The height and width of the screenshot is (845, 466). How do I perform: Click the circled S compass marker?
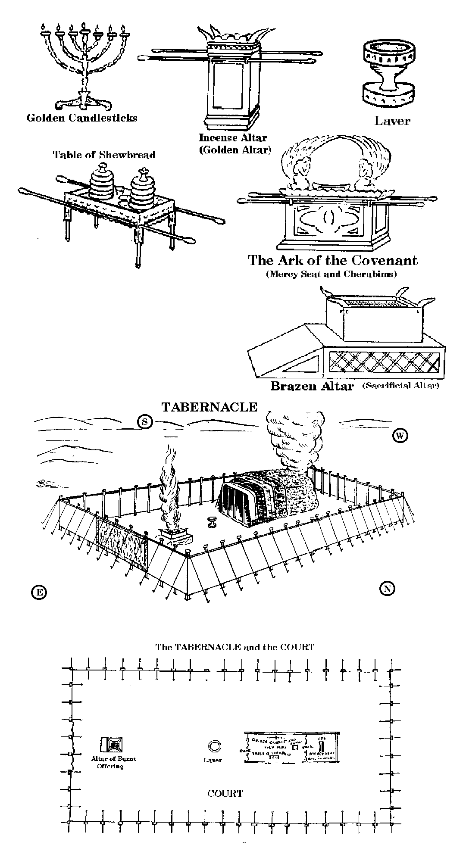click(x=145, y=422)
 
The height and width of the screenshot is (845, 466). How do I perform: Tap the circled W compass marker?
click(x=400, y=436)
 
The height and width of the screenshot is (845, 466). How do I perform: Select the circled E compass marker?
click(x=39, y=592)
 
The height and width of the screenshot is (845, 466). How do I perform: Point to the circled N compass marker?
click(x=388, y=588)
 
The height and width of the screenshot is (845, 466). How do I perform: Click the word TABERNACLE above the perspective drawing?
click(x=209, y=407)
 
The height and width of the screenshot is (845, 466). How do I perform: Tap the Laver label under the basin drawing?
click(x=392, y=121)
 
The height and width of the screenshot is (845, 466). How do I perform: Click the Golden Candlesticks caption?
click(x=82, y=118)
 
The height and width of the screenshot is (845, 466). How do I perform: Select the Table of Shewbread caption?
click(x=104, y=155)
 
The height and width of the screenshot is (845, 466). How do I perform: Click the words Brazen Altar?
click(x=312, y=386)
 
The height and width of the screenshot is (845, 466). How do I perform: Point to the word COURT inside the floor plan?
click(x=225, y=793)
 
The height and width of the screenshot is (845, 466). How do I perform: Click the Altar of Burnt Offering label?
click(x=113, y=762)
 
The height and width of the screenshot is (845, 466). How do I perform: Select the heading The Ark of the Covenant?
click(x=332, y=260)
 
